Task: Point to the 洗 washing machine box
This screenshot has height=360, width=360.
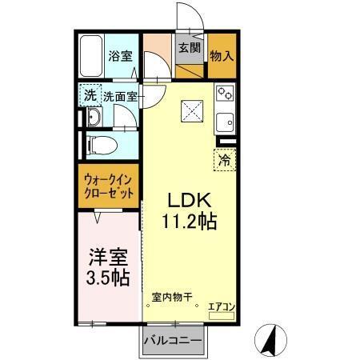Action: click(x=90, y=94)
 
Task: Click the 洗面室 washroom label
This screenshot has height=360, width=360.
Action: click(x=119, y=94)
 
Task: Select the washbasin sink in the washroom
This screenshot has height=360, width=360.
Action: click(x=94, y=118)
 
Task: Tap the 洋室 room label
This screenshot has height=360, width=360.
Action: click(x=107, y=258)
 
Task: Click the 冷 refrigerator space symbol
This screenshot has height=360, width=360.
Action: click(x=225, y=158)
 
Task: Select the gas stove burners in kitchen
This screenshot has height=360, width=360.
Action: click(x=225, y=94)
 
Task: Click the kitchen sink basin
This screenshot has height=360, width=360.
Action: click(x=226, y=124)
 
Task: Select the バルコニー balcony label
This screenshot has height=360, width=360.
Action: click(x=172, y=341)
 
